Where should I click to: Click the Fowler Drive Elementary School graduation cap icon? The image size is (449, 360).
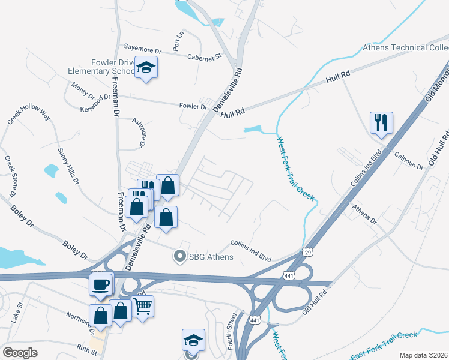click(x=146, y=67)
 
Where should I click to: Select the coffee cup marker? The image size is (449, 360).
click(x=100, y=284)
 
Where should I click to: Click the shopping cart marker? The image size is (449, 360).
click(x=142, y=307)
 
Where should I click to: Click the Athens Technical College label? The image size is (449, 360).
click(x=406, y=47)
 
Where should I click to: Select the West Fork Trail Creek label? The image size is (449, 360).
click(x=295, y=165)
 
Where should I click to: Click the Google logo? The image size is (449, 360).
click(x=20, y=353)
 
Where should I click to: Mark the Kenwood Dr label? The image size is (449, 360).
click(x=95, y=103)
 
